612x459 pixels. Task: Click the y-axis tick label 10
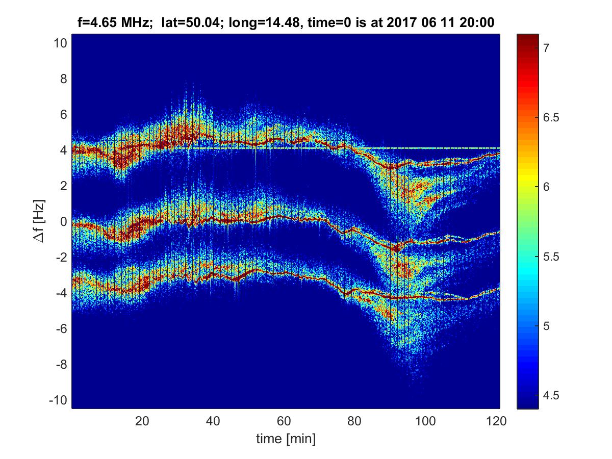point(60,43)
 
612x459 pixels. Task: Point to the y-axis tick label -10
point(58,400)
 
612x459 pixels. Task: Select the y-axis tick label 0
point(63,222)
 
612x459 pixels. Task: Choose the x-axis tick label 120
point(497,421)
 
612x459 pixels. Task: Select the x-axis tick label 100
point(426,421)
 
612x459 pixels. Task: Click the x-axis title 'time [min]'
point(285,438)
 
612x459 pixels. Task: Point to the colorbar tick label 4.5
point(549,395)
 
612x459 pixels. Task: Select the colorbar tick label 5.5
point(549,257)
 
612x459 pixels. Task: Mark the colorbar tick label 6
point(545,187)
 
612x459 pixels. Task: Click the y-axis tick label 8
point(63,79)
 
